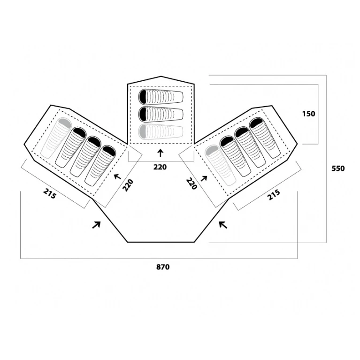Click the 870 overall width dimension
click(x=163, y=267)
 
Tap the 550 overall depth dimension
click(x=338, y=169)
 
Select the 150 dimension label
click(x=309, y=114)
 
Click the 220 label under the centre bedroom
click(x=160, y=167)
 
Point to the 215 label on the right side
click(x=274, y=195)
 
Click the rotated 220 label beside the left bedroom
click(x=128, y=185)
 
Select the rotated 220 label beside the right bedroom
click(x=191, y=184)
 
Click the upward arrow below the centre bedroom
click(x=161, y=153)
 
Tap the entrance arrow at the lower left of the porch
click(x=96, y=225)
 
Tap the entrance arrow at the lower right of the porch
click(x=223, y=225)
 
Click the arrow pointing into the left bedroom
click(x=117, y=176)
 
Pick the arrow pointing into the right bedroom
click(x=204, y=178)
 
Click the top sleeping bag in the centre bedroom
click(x=161, y=96)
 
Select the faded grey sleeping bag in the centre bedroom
click(x=161, y=131)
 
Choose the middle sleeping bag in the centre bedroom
click(x=161, y=114)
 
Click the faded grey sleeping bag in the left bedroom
click(x=56, y=138)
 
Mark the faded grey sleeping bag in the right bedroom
click(x=221, y=165)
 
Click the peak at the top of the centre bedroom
click(x=161, y=77)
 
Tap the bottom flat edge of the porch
click(x=161, y=242)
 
